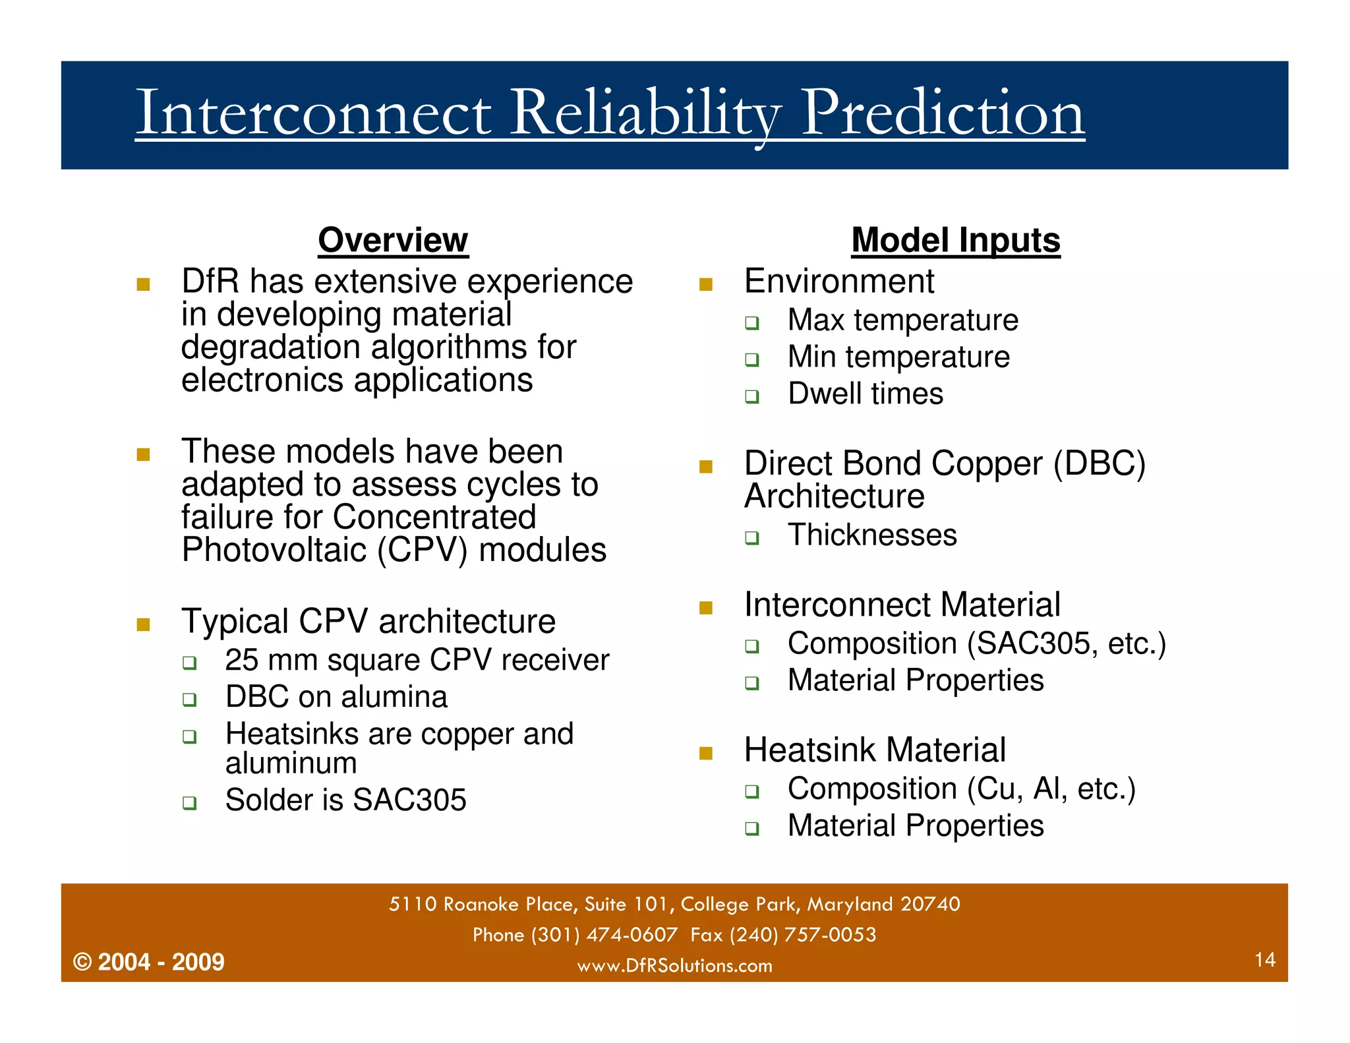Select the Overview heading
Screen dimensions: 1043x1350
point(393,240)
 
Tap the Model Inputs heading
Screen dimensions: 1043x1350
point(955,240)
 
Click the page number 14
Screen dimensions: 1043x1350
point(1264,959)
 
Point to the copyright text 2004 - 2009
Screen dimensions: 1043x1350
point(160,962)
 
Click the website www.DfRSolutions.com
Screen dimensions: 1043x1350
point(674,966)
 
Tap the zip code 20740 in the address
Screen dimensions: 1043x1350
point(930,904)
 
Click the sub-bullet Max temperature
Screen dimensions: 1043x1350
point(902,320)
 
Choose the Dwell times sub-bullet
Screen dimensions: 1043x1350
point(865,394)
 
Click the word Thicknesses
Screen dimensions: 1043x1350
point(871,535)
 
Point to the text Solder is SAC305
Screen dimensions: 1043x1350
point(345,800)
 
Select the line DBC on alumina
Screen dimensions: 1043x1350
point(336,698)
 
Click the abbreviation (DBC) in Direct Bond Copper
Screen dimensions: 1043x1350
point(1099,463)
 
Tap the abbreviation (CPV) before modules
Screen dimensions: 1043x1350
point(423,551)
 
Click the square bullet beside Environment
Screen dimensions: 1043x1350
point(706,285)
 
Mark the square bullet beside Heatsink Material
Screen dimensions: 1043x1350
point(706,754)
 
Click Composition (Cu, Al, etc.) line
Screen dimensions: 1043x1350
point(961,789)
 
